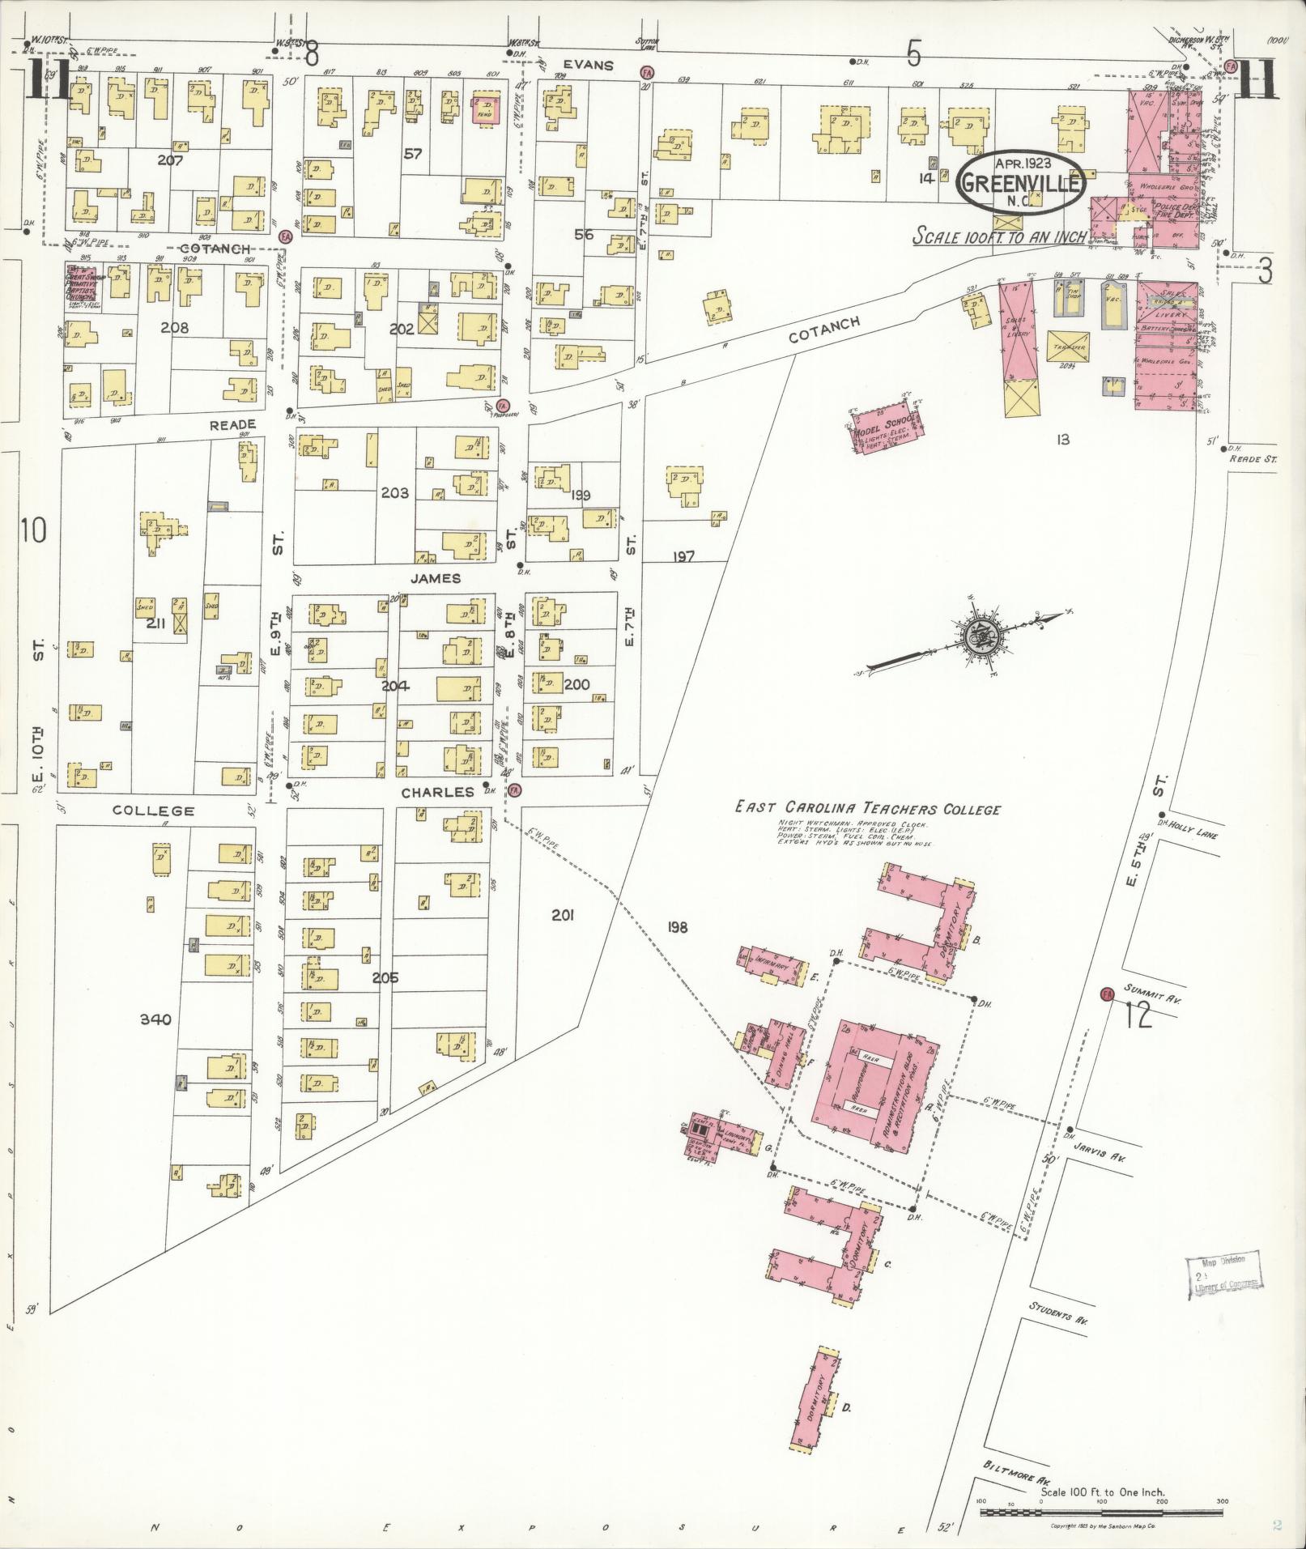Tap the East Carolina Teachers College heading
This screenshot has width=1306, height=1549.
[x=867, y=808]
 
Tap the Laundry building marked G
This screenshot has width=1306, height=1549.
[x=723, y=1135]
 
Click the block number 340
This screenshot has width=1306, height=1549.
[x=155, y=1019]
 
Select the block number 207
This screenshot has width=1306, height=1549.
[x=170, y=160]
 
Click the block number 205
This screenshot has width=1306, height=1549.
[x=385, y=977]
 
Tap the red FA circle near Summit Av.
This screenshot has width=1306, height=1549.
[x=1107, y=993]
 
